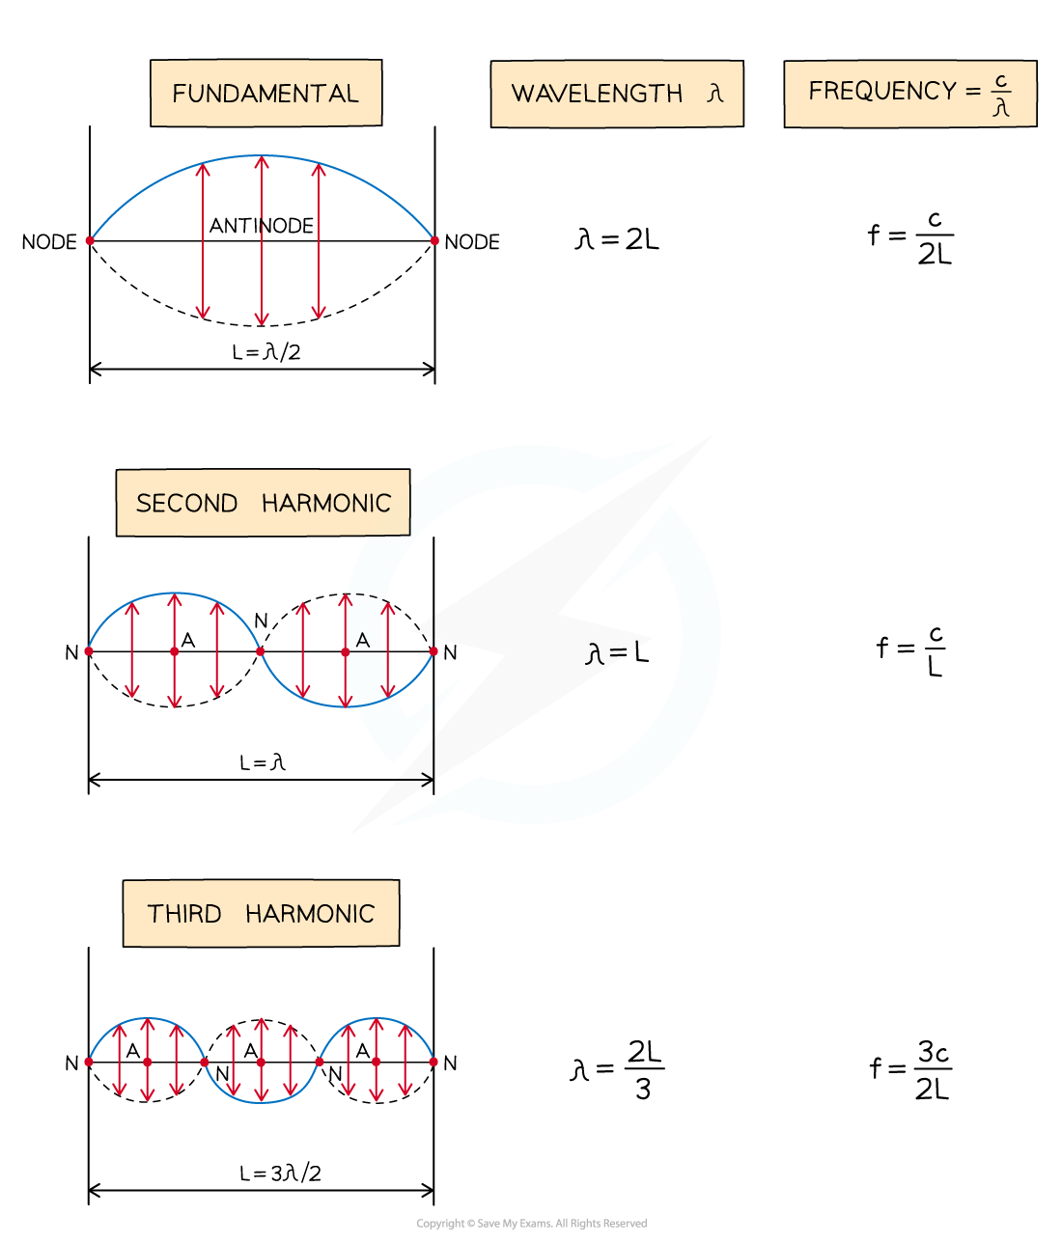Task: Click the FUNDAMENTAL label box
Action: click(x=265, y=93)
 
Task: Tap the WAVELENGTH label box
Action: click(x=616, y=94)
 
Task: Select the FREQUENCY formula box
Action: click(x=909, y=94)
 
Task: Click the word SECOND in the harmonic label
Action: click(x=186, y=504)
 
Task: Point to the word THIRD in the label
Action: click(x=184, y=914)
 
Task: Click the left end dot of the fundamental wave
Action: click(x=90, y=240)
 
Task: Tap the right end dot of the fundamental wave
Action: click(x=434, y=240)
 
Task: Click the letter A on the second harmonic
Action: click(x=363, y=640)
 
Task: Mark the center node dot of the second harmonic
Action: click(x=261, y=651)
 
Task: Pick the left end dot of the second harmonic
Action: click(x=89, y=651)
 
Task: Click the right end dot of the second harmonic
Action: click(x=433, y=651)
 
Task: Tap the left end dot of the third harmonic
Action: click(x=89, y=1062)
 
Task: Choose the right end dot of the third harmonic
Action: click(x=433, y=1062)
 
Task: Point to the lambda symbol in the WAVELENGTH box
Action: click(x=714, y=94)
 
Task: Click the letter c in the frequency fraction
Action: click(x=1001, y=82)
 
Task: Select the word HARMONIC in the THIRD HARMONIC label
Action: click(x=310, y=914)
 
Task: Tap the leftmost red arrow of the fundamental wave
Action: click(x=203, y=241)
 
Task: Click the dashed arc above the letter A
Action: click(x=367, y=595)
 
